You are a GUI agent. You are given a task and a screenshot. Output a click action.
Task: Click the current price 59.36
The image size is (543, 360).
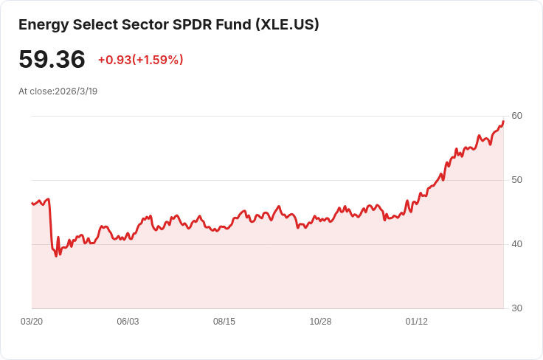point(52,59)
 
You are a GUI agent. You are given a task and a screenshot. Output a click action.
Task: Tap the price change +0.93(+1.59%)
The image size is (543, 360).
point(141,60)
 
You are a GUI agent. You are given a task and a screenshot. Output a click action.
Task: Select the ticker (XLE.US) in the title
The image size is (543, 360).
point(288,24)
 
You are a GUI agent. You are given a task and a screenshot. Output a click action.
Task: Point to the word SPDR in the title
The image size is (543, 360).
point(192,24)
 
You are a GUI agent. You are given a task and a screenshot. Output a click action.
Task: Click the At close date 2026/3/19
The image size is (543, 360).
point(76,91)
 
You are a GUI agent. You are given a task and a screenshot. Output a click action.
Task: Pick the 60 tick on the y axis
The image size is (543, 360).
point(516,116)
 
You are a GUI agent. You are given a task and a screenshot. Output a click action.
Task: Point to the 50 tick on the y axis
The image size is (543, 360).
point(516,180)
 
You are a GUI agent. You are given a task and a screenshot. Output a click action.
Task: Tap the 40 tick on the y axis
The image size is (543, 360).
point(516,244)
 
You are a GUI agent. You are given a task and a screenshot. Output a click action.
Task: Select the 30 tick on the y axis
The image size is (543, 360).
point(516,308)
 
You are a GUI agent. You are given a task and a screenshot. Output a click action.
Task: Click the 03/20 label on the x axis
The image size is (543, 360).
point(32,322)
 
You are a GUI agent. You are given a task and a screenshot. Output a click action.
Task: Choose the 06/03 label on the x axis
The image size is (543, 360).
point(128,322)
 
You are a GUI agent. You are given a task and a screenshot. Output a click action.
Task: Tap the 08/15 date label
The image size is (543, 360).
point(224,322)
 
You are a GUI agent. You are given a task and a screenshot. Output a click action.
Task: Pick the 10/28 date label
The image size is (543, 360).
point(320,322)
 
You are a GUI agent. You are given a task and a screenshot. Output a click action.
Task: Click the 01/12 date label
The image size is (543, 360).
point(417,322)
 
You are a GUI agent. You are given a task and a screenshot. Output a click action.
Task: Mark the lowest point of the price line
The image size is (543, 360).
point(56,256)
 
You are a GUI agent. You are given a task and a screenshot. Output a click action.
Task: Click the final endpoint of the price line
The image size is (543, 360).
point(503,121)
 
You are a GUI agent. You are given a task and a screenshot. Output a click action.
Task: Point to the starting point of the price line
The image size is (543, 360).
point(32,203)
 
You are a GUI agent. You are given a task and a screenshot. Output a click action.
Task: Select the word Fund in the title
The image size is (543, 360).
point(234,24)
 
